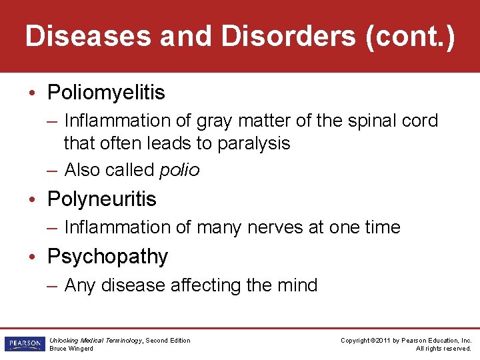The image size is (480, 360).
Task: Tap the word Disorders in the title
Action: (288, 37)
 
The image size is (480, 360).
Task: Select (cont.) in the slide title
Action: (410, 37)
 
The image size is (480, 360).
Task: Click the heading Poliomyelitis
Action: (106, 93)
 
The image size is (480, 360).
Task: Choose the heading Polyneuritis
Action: (101, 199)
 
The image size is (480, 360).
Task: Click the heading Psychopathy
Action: (107, 256)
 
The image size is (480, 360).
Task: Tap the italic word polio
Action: (179, 170)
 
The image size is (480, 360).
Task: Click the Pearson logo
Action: (23, 344)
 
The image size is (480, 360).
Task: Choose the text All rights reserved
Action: (443, 349)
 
